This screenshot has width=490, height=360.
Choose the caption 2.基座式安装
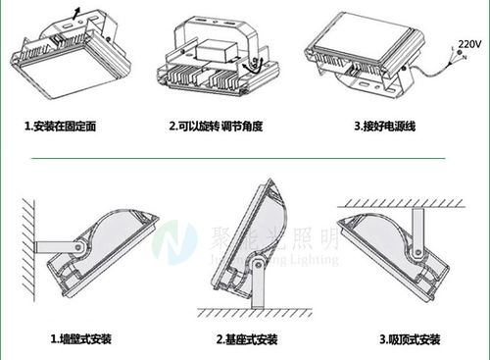click(x=248, y=338)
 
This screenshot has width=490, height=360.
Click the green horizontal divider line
click(x=245, y=155)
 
